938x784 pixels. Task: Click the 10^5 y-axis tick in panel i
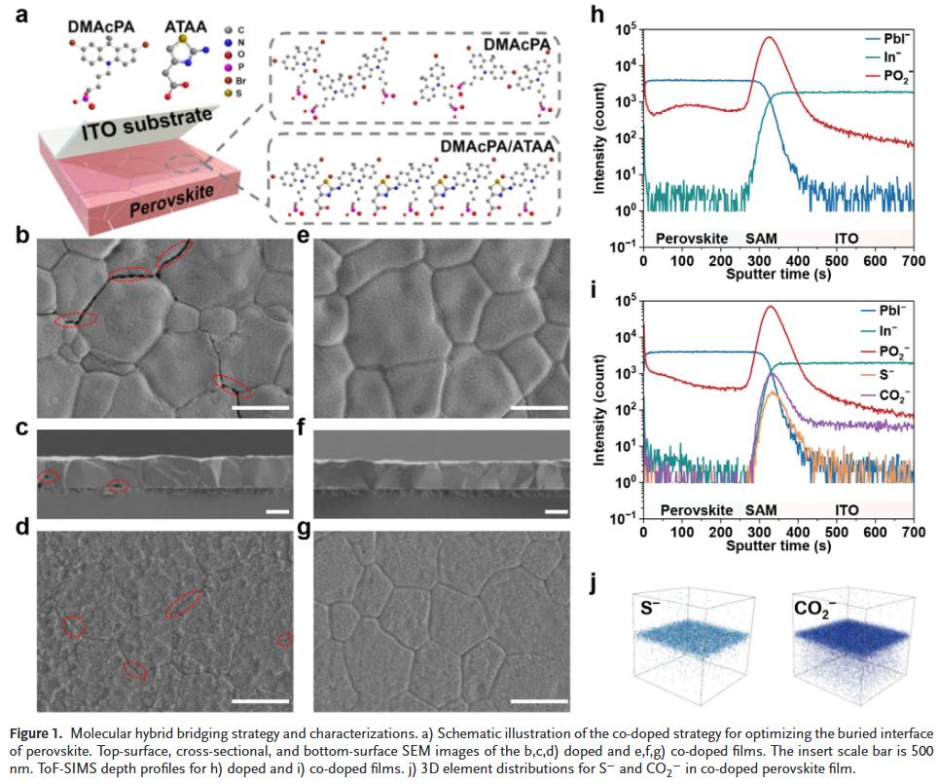[625, 299]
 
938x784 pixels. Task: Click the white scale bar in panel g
[537, 700]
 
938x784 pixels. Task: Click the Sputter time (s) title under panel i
[777, 545]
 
